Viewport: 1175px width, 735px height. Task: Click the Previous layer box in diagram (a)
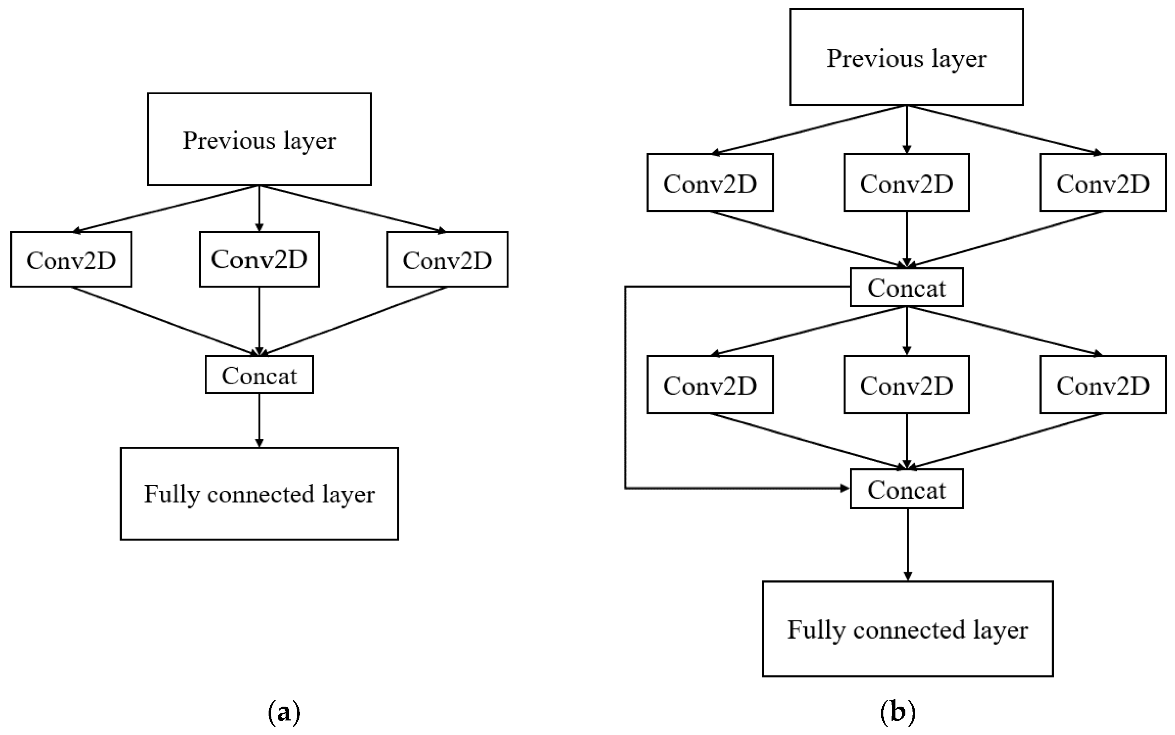(x=259, y=139)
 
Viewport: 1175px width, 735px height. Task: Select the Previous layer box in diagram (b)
(x=906, y=57)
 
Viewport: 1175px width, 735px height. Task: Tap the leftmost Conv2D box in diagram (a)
(x=71, y=260)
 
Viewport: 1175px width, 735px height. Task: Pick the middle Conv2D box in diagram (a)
(x=259, y=260)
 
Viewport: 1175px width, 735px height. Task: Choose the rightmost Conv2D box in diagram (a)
(x=447, y=260)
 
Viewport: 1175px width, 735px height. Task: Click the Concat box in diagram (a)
(x=259, y=375)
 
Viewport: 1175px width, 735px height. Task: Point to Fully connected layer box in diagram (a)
(x=259, y=494)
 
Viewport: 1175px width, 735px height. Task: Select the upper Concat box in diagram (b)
(x=906, y=287)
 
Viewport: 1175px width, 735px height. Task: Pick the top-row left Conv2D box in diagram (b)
(x=710, y=183)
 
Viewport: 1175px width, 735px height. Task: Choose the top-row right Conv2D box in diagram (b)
(x=1103, y=183)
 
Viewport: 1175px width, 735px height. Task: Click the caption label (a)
(x=284, y=713)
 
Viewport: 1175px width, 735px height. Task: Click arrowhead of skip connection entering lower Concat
(x=845, y=488)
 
